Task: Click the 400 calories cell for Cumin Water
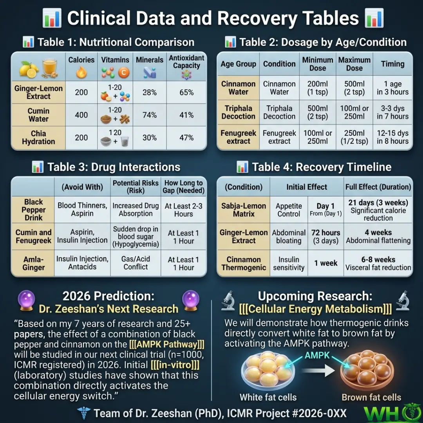pyautogui.click(x=81, y=115)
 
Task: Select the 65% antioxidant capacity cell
pyautogui.click(x=186, y=92)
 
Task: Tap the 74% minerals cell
pyautogui.click(x=150, y=115)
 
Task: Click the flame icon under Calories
pyautogui.click(x=81, y=72)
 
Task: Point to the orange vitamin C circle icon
pyautogui.click(x=124, y=72)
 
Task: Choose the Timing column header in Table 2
pyautogui.click(x=392, y=64)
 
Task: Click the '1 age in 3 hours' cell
pyautogui.click(x=392, y=88)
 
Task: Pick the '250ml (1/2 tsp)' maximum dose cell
pyautogui.click(x=354, y=137)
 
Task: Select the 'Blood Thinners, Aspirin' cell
pyautogui.click(x=82, y=209)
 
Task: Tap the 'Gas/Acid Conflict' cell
pyautogui.click(x=136, y=263)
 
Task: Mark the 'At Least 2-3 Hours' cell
pyautogui.click(x=183, y=210)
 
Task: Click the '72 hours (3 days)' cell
pyautogui.click(x=325, y=236)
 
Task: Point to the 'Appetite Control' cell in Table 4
pyautogui.click(x=289, y=210)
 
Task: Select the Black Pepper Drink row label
pyautogui.click(x=33, y=210)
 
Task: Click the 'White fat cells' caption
pyautogui.click(x=268, y=397)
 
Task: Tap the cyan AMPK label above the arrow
pyautogui.click(x=317, y=355)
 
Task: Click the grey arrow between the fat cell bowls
pyautogui.click(x=318, y=370)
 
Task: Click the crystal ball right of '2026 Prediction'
pyautogui.click(x=191, y=300)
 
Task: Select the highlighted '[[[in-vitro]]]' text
pyautogui.click(x=175, y=365)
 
